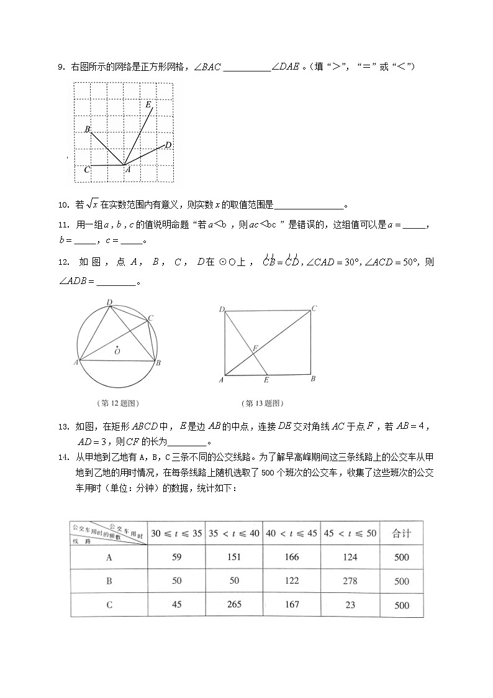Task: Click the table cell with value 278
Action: tap(350, 581)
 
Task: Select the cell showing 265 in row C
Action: tap(233, 605)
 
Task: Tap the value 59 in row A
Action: tap(176, 557)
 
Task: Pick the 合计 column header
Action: tap(401, 533)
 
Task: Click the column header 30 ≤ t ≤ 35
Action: tap(176, 533)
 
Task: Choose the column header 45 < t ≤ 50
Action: tap(350, 533)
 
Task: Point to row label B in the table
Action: tap(109, 581)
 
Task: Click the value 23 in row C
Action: tap(350, 605)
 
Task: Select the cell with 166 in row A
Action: tap(292, 557)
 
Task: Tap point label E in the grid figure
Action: tap(148, 104)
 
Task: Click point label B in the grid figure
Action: tap(88, 129)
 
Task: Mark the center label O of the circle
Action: tap(117, 352)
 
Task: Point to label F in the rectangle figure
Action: tap(255, 349)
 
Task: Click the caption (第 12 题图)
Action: tap(117, 402)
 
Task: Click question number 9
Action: tap(61, 67)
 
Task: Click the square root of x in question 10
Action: tap(92, 204)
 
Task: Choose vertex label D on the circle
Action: tap(109, 303)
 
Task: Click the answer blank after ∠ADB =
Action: tap(116, 282)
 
